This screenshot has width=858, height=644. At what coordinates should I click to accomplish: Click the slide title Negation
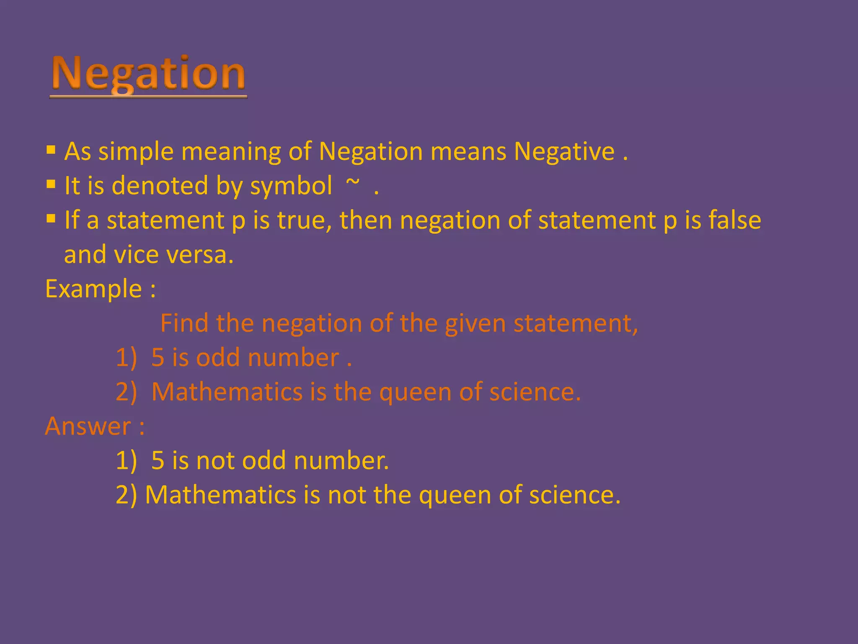[x=148, y=74]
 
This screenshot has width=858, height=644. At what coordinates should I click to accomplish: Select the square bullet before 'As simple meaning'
[x=51, y=150]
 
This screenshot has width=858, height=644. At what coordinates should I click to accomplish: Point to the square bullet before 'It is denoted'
[x=51, y=184]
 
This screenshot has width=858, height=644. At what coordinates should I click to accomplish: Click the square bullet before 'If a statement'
[x=51, y=218]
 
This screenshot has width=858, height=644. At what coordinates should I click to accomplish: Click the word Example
[x=93, y=289]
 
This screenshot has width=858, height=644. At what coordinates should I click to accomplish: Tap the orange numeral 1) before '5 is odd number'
[x=126, y=358]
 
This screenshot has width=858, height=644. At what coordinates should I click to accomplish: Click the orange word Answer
[x=88, y=426]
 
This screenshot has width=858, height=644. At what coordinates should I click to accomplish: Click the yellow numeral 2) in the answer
[x=126, y=495]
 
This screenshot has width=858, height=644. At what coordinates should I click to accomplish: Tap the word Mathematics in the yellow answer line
[x=221, y=495]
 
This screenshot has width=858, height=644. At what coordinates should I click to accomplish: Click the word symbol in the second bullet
[x=291, y=186]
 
